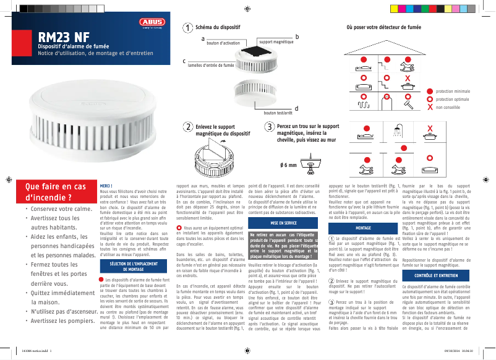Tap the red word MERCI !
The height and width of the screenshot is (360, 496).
click(106, 186)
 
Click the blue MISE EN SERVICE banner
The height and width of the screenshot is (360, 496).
click(283, 222)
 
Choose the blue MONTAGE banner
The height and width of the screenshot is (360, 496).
click(363, 228)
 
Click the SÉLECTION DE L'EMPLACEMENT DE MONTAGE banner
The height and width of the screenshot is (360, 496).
click(134, 267)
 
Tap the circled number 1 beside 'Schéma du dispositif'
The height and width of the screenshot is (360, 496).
click(187, 28)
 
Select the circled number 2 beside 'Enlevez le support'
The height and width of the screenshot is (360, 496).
click(187, 126)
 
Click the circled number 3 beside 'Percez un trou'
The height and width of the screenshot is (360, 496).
click(268, 126)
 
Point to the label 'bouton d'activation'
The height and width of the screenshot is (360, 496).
click(223, 43)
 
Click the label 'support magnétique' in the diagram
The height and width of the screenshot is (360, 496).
click(275, 41)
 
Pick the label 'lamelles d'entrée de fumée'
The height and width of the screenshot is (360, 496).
click(211, 64)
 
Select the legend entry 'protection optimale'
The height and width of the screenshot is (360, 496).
click(453, 99)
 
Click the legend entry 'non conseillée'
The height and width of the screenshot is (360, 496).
click(448, 107)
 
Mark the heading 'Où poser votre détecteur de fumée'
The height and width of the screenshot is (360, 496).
click(383, 28)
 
